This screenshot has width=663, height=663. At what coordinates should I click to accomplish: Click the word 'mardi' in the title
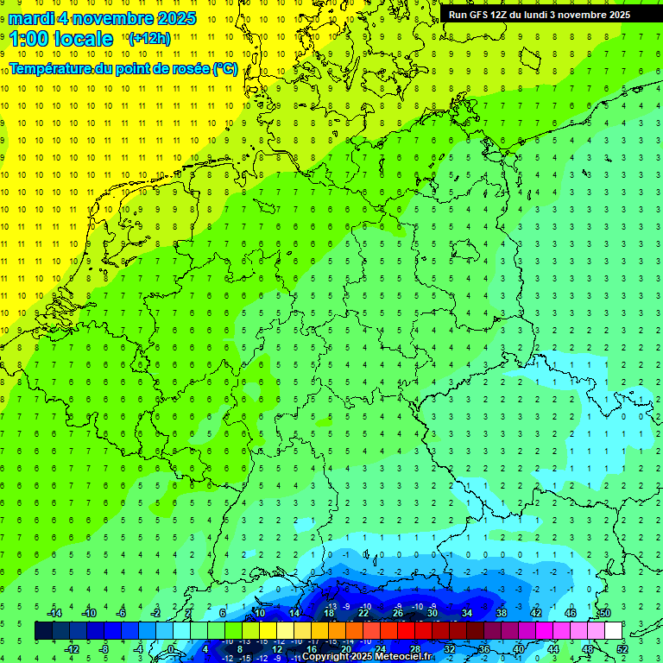point(31,18)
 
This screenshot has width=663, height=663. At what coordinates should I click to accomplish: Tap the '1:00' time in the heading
point(28,39)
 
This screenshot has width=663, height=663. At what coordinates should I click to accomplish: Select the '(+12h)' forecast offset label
point(149,39)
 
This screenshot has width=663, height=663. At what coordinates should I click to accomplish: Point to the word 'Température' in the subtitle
point(51,69)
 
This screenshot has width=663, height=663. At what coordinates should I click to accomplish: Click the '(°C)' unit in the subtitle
point(225,69)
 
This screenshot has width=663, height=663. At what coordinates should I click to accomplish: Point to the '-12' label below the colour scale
point(72,649)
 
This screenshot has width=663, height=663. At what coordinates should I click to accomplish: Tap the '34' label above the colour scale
point(467,613)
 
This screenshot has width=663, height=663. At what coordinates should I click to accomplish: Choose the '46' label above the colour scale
point(570,613)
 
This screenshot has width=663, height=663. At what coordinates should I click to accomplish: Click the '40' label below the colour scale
point(519,649)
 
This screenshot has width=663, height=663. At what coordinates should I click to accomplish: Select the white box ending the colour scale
point(613,631)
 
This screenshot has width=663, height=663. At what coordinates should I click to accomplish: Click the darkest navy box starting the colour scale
point(43,631)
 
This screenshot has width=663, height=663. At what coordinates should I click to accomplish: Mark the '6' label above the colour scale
point(223,613)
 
